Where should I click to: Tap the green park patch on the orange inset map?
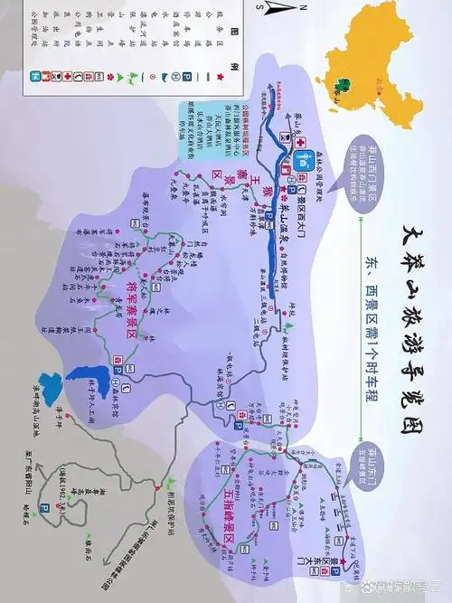343,88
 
